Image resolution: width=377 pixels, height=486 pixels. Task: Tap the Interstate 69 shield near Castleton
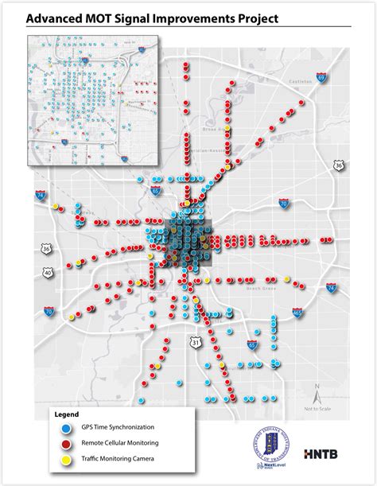pyautogui.click(x=321, y=78)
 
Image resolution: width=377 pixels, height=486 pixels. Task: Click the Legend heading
pyautogui.click(x=67, y=414)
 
